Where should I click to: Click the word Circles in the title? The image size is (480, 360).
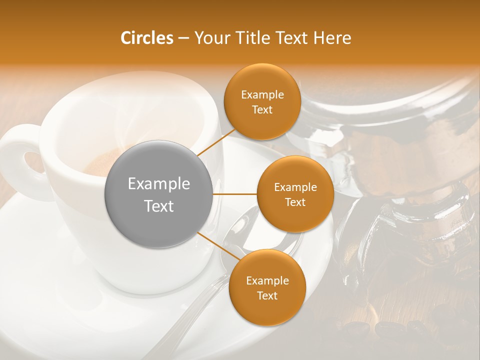[146, 38]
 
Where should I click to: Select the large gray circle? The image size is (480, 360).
[158, 194]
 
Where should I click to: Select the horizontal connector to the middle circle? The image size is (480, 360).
[234, 194]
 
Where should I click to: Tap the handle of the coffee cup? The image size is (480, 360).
[22, 160]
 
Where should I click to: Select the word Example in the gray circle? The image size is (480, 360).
[158, 184]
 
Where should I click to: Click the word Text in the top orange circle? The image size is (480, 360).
[262, 109]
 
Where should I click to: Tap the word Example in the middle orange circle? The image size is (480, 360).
[295, 187]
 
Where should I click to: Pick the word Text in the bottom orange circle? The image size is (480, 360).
[267, 296]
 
